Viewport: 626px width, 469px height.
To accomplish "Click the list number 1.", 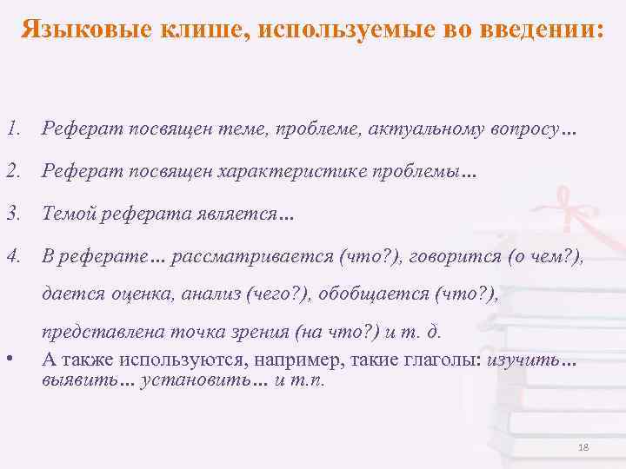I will pos(11,131).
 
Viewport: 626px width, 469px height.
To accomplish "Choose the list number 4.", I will pos(11,256).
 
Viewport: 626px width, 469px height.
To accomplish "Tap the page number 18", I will pos(583,447).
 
